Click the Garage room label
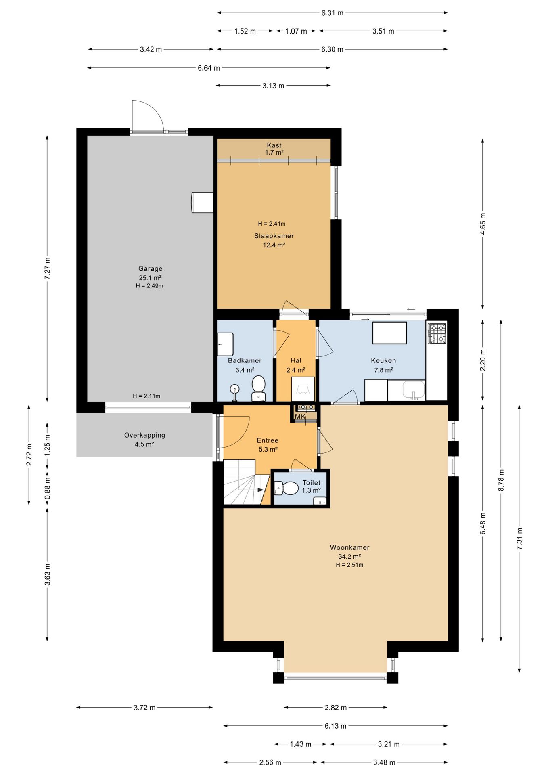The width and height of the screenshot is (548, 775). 151,268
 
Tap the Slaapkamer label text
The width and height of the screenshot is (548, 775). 274,236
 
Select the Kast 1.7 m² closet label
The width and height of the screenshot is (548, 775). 274,149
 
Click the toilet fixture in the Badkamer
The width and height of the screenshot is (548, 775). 258,388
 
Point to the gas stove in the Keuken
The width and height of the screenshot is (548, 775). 437,333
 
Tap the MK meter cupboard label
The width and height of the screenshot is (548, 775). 300,417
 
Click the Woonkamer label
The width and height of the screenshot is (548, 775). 350,547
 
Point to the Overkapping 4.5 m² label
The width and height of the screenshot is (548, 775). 144,440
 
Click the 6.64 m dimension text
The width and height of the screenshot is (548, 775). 209,68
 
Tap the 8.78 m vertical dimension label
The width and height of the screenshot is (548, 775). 501,480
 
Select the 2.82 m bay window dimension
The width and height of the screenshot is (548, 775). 336,707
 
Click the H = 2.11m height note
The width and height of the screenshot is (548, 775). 146,396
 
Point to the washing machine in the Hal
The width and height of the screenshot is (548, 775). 303,389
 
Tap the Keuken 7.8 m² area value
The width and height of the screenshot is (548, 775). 383,370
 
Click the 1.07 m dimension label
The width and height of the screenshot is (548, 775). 296,31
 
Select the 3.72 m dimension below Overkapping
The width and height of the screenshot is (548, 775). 144,707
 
